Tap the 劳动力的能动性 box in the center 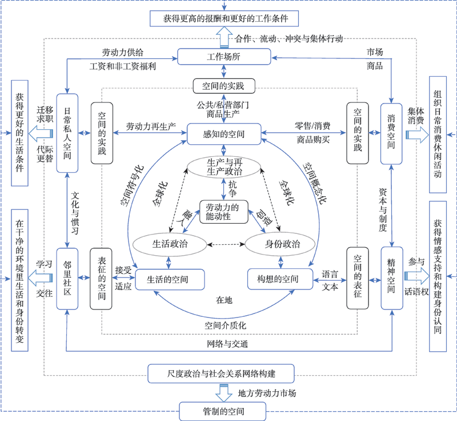[x=223, y=211]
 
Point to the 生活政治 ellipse [x=170, y=243]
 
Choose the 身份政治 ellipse [x=280, y=243]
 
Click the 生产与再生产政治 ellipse [x=223, y=166]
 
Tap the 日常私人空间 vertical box [x=67, y=133]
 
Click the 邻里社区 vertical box [x=67, y=279]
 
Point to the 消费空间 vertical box [x=392, y=133]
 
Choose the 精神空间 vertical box [x=392, y=279]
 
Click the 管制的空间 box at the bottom [x=223, y=411]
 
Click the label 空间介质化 [x=225, y=325]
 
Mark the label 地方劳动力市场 [x=267, y=394]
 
